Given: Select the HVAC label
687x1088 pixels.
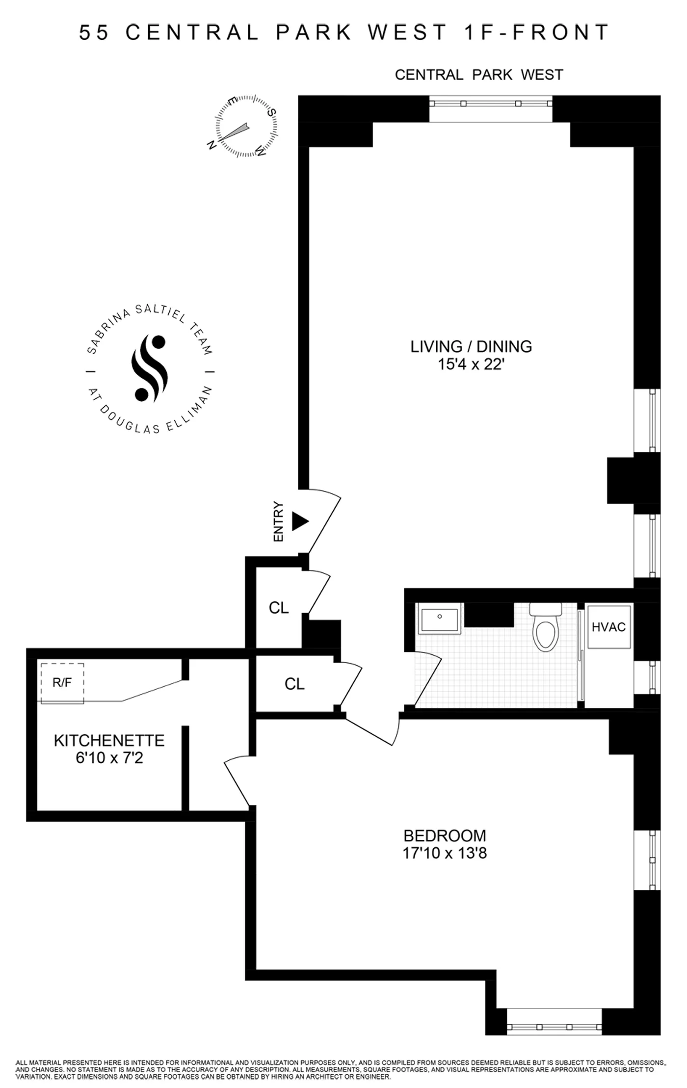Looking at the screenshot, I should point(608,627).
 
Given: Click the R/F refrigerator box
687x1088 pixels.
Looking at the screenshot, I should point(62,683).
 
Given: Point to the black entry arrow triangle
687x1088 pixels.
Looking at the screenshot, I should point(299,521).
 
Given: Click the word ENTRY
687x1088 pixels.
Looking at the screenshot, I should point(279,521).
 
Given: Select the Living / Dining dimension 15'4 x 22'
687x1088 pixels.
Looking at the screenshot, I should point(471,364).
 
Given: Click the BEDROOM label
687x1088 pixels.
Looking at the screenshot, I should point(445,835).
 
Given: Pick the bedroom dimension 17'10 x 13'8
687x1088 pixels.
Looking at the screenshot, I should point(445,854).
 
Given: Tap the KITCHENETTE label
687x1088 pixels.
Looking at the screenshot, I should point(109,740).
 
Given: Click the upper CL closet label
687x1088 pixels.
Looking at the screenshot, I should point(279,608).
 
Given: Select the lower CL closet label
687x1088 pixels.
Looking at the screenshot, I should point(294,684).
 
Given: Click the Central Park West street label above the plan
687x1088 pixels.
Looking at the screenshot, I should point(478,75).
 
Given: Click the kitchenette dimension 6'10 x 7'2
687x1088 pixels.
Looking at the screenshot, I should point(109,758).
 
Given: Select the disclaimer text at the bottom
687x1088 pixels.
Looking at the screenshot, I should point(339,1070).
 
